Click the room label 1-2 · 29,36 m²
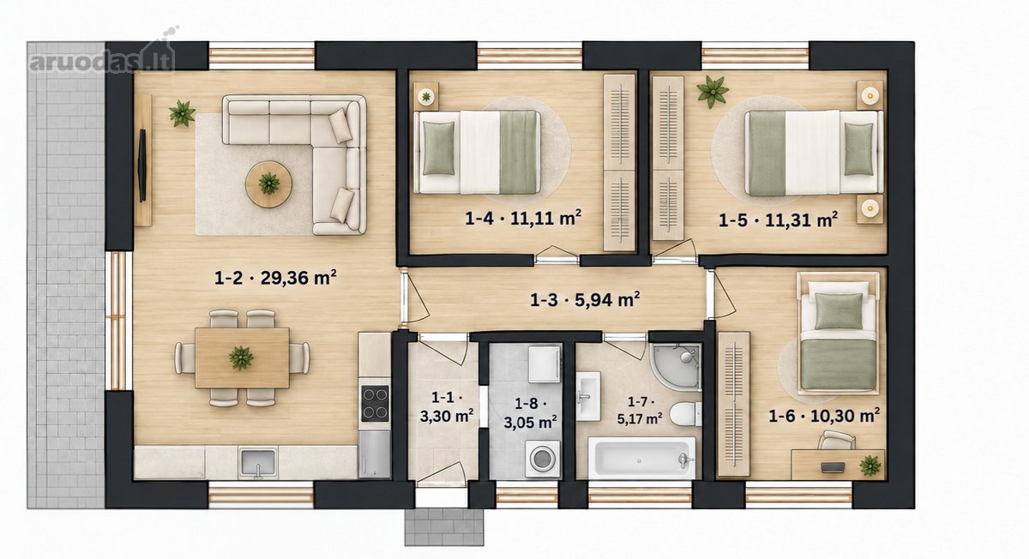tap(275, 278)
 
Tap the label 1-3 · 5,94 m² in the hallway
tap(585, 300)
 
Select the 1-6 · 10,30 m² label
tap(824, 416)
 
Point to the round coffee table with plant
tap(268, 184)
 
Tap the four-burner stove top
tap(375, 404)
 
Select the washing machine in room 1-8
tap(543, 459)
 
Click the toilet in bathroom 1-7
tap(685, 414)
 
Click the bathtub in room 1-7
tap(642, 458)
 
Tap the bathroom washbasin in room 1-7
tap(588, 396)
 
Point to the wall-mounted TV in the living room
tap(142, 165)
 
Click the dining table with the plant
tap(242, 358)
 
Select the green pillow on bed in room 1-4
tap(439, 148)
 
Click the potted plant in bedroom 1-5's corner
tap(713, 92)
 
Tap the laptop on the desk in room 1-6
tap(833, 467)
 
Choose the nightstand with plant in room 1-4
tap(426, 97)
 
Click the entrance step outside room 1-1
tap(444, 526)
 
